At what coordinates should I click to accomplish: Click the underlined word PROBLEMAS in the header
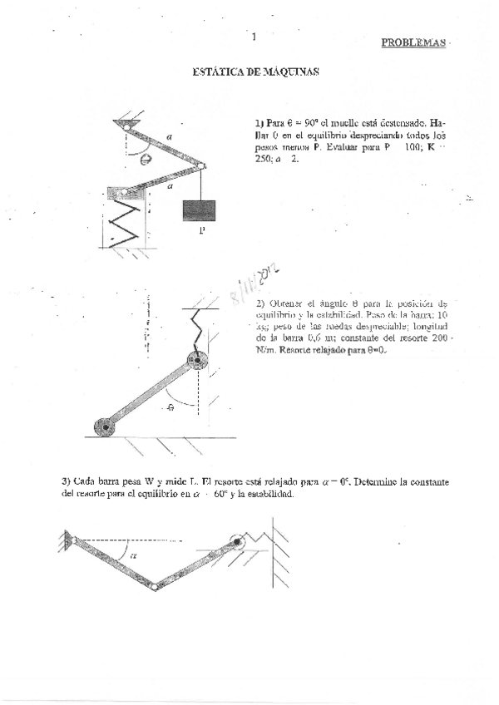coord(413,42)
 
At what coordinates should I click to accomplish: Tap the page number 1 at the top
coord(253,36)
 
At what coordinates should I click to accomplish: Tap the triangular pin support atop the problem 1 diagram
coord(130,124)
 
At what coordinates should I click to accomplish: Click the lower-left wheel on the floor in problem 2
coord(106,427)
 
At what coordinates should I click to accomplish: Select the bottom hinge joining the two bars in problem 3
coord(156,587)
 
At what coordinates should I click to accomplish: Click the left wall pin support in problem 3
coord(66,540)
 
